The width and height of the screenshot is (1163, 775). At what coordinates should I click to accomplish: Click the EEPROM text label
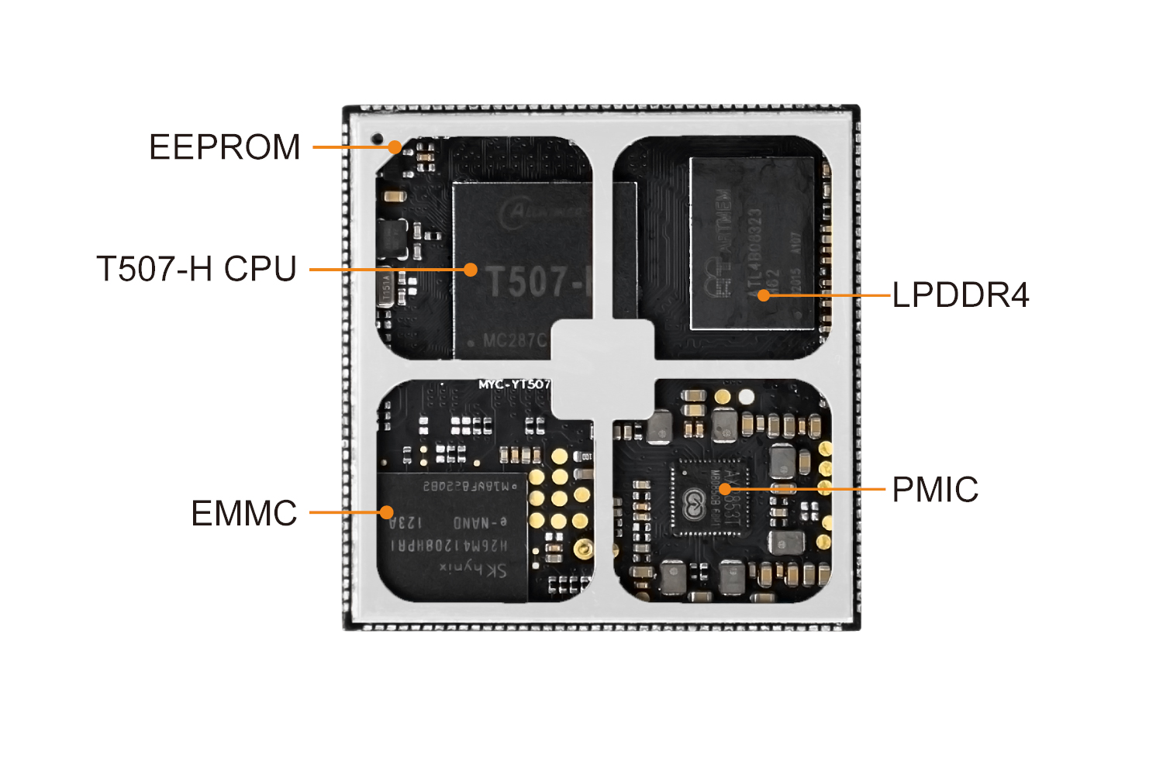click(224, 147)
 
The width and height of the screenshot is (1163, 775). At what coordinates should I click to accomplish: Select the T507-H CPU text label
click(197, 269)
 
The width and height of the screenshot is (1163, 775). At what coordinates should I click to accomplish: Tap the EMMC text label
click(244, 513)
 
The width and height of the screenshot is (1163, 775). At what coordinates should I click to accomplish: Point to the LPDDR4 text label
click(961, 295)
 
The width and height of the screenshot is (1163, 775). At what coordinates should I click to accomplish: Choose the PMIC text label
click(935, 490)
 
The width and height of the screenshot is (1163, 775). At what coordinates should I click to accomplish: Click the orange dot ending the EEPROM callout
click(395, 146)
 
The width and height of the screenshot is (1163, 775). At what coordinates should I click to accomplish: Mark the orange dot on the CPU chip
click(471, 270)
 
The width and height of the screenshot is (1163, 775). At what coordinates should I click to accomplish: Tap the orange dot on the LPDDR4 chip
click(764, 295)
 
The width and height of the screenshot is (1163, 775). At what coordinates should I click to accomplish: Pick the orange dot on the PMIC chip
click(724, 489)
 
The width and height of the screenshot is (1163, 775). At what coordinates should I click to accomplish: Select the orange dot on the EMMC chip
click(386, 512)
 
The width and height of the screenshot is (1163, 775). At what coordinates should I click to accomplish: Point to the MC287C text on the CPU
click(514, 341)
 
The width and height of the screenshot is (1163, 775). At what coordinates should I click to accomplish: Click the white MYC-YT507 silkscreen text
click(514, 384)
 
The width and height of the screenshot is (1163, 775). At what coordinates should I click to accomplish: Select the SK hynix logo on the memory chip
click(473, 570)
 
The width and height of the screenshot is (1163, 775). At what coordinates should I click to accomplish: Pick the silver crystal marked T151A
click(386, 289)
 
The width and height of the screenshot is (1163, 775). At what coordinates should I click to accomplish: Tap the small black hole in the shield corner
click(378, 139)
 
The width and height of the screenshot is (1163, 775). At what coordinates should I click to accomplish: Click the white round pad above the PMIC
click(746, 397)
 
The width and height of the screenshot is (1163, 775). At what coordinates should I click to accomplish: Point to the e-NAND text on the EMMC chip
click(481, 522)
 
